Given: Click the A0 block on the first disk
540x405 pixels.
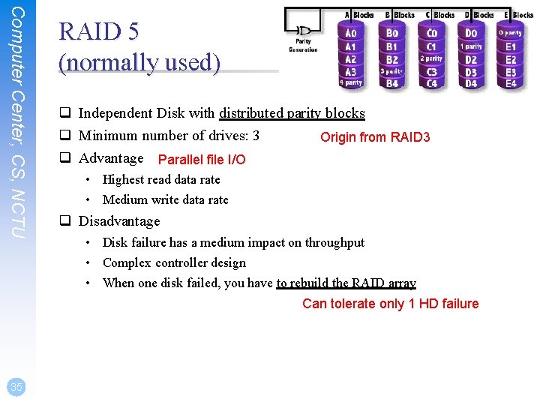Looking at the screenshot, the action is pos(350,33).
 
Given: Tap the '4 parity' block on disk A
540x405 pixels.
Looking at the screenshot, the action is pos(350,82).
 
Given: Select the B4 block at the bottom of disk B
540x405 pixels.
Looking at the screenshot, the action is pos(392,83).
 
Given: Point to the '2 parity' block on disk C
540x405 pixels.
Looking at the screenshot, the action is pos(431,58).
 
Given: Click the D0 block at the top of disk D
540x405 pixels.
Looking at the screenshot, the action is pos(470,33).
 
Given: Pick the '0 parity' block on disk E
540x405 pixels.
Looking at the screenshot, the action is pos(511,33).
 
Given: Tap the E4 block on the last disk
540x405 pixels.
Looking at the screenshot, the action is pos(511,83).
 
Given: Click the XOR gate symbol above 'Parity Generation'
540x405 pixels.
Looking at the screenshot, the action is pos(304,31).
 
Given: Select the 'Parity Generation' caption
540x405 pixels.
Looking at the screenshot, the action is pos(304,46).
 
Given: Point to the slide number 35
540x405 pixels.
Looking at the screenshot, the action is pos(16,386).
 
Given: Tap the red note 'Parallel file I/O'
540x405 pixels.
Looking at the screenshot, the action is pos(202,160).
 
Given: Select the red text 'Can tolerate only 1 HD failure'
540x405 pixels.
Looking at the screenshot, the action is pos(390,304).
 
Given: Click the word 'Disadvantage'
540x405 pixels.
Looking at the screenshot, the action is pos(119,221).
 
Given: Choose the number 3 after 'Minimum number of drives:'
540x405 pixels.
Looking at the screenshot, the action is pos(256,136).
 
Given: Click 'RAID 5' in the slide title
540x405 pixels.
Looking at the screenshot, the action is pos(99,31).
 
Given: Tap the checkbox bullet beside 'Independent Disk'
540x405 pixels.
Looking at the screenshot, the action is pos(66,114).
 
